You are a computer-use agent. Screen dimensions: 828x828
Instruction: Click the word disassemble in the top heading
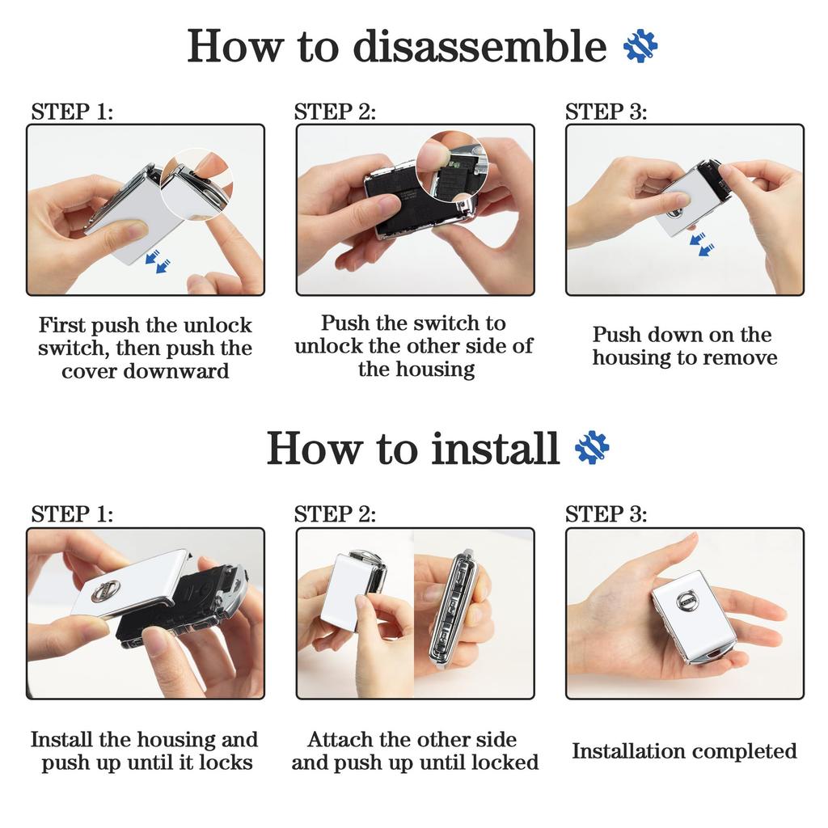click(479, 46)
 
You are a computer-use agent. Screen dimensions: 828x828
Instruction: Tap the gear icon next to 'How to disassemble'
click(640, 46)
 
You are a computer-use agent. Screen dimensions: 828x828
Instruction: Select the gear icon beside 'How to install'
click(592, 448)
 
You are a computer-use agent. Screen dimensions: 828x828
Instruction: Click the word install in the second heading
click(495, 448)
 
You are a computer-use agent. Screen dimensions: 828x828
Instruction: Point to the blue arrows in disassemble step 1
click(158, 261)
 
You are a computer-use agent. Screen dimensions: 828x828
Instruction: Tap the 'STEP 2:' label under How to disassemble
click(335, 112)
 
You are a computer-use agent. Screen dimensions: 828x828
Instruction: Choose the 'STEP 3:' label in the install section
click(606, 513)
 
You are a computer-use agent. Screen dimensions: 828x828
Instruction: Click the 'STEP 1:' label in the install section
click(72, 513)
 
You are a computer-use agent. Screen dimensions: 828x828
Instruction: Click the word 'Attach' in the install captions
click(335, 740)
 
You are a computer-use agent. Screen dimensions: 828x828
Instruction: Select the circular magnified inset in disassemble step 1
click(196, 184)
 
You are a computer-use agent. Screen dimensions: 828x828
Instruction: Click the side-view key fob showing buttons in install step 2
click(456, 609)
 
